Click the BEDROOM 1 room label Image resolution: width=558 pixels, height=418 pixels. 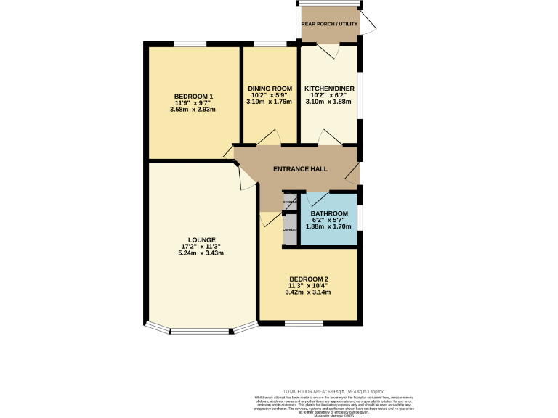pos(193,97)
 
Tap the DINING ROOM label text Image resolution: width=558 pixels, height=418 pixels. pos(270,89)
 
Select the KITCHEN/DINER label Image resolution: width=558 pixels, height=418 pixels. pos(329,89)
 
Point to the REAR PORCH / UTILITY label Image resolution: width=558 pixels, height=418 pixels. pos(329,24)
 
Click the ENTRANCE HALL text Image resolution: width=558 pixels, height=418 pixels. pos(299,169)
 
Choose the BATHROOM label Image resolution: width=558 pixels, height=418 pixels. pos(329,213)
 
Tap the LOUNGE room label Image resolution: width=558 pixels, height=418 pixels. pos(201,239)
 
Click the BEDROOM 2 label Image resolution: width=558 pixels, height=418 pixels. pos(309,279)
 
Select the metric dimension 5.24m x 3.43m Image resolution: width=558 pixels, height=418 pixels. pos(201,253)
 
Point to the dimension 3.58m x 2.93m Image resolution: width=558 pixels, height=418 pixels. pos(193,110)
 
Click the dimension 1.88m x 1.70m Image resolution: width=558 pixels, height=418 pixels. pos(329,226)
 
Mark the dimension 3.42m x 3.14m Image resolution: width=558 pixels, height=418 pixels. pos(309,292)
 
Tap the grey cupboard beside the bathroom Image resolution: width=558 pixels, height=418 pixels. pos(291,230)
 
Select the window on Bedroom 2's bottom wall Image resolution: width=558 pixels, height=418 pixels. pos(299,322)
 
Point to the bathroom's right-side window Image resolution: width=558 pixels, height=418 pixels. pos(359,218)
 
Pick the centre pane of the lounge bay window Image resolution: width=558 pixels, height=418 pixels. pos(201,332)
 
